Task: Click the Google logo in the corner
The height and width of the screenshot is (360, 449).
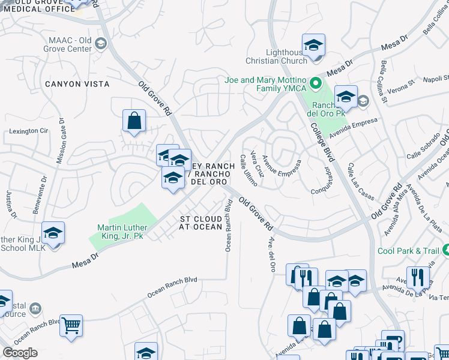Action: coord(20,353)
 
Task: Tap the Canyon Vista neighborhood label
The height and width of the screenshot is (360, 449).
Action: coord(77,84)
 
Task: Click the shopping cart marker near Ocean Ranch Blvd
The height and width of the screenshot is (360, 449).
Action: coord(71,326)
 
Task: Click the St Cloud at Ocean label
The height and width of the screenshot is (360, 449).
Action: coord(200,223)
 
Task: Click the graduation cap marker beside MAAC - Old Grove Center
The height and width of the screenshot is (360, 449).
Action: coord(100,44)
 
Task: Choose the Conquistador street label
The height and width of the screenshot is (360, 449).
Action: coord(326,179)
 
